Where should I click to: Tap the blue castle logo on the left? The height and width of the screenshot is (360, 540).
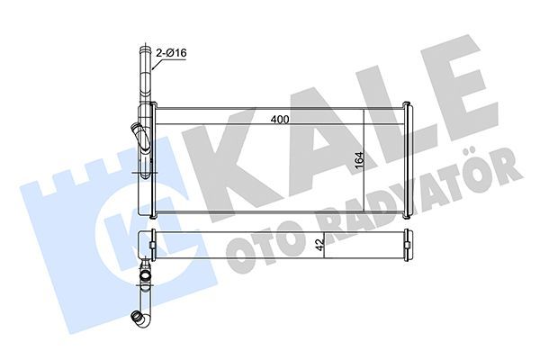click(x=81, y=216)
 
